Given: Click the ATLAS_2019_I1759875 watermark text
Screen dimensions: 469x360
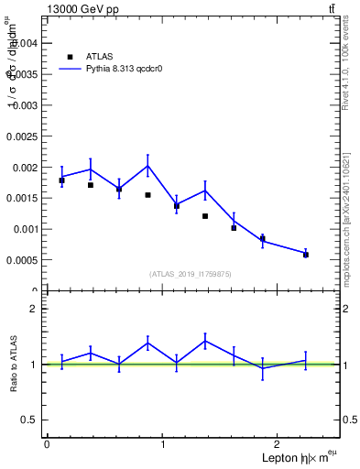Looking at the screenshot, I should click(191, 274).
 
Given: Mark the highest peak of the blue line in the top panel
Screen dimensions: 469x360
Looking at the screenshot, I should click(147, 165).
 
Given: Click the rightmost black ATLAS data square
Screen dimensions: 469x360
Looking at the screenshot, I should click(305, 255).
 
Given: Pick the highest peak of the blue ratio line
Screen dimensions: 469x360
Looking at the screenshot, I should click(205, 341).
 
